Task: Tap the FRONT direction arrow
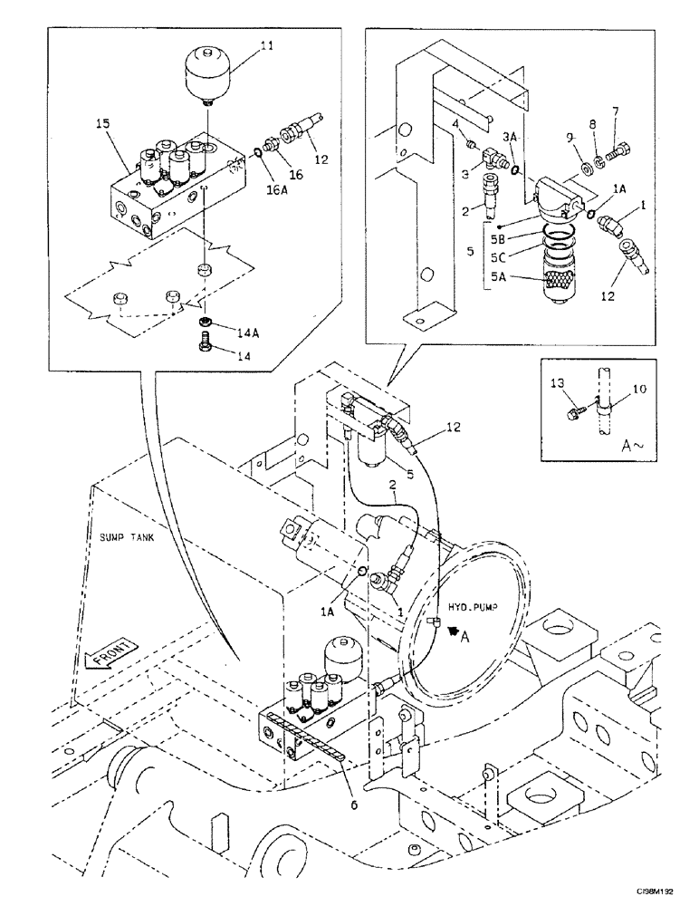click(x=109, y=653)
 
